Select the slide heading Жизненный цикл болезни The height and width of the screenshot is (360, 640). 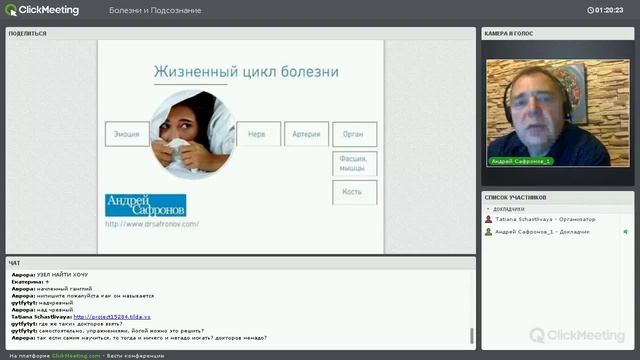245,72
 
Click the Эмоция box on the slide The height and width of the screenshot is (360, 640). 126,133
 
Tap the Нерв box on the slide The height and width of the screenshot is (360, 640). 258,133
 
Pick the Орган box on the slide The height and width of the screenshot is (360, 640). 353,133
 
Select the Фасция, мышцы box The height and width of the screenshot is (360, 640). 353,162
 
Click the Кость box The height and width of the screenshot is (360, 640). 353,191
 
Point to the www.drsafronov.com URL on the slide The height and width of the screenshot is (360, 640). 152,224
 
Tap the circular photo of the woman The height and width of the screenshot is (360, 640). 190,134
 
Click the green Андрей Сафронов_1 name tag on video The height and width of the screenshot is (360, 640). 522,160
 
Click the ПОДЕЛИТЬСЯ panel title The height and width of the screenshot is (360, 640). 27,33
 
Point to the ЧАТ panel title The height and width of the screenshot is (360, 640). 14,263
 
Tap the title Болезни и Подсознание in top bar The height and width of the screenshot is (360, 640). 155,10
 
